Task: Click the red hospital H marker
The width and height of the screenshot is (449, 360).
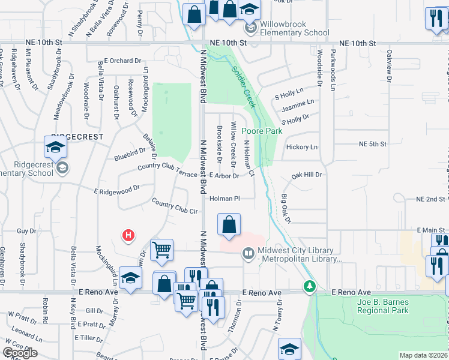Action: [128, 236]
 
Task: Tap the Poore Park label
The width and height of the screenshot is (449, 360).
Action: [261, 131]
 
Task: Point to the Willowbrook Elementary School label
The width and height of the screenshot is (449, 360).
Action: [286, 29]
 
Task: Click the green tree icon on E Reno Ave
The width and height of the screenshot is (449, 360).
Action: [309, 286]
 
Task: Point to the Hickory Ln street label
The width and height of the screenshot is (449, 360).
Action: [301, 147]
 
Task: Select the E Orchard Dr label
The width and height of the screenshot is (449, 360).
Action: [122, 61]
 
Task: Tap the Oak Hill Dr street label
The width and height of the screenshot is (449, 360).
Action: [307, 175]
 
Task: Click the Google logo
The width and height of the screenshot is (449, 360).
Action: [20, 352]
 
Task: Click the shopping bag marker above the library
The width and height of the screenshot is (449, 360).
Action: [229, 226]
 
